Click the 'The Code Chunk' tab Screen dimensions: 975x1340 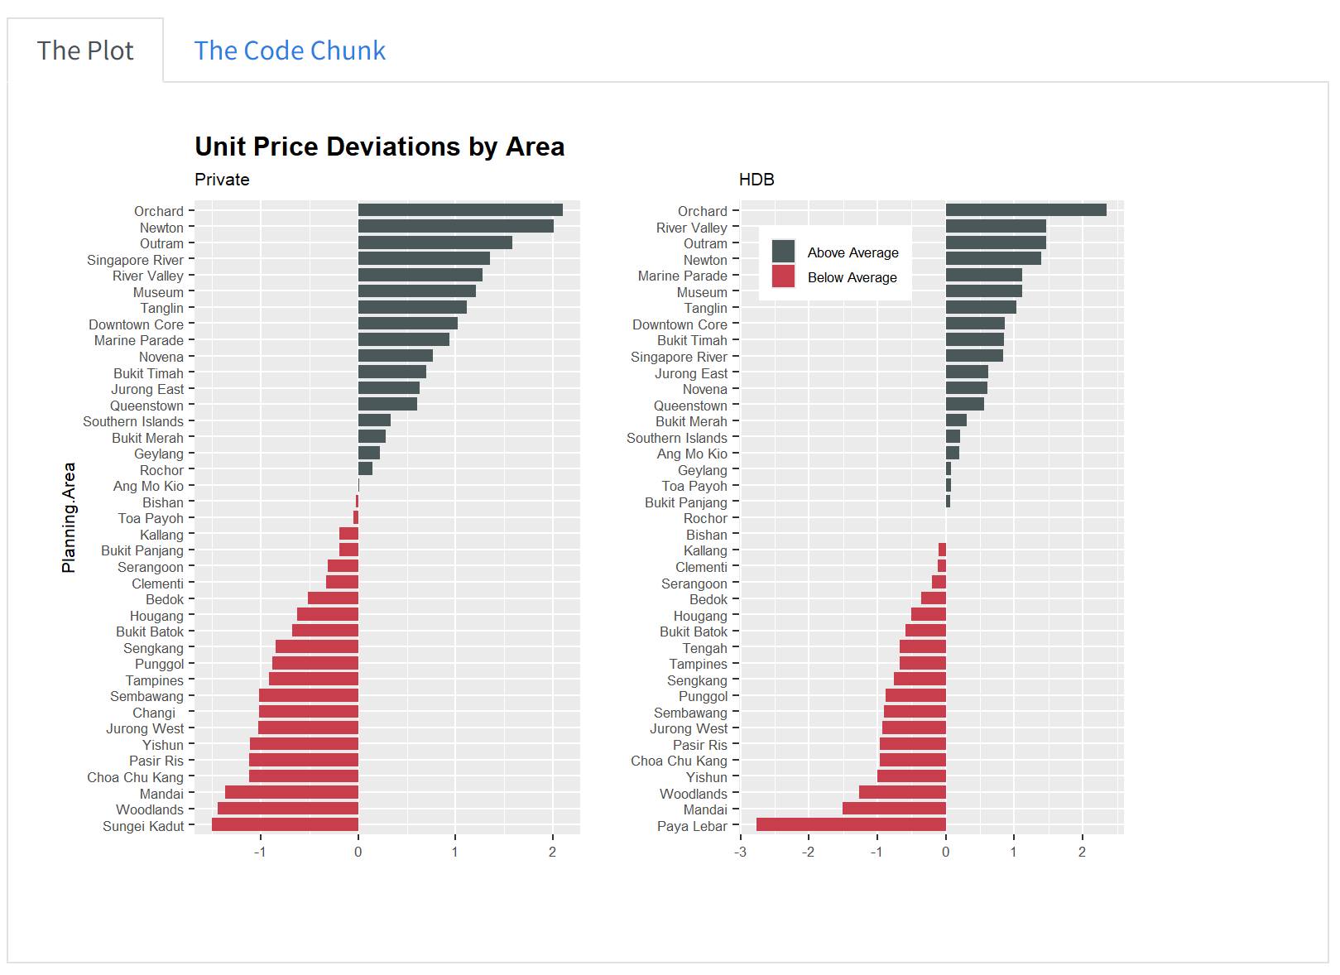coord(290,50)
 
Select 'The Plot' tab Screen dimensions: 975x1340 coord(85,50)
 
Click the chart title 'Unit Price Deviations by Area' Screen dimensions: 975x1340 coord(379,146)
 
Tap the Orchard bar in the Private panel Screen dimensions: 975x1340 coord(460,210)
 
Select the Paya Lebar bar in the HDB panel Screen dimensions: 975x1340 coord(851,824)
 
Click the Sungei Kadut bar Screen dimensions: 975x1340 coord(285,824)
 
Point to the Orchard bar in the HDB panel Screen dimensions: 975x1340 coord(1025,210)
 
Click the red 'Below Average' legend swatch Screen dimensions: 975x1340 coord(783,276)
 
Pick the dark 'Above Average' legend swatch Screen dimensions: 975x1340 coord(783,252)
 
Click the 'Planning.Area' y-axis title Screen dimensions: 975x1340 coord(69,517)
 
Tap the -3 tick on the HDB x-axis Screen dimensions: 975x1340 coord(740,852)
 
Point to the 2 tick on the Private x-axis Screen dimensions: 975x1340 coord(552,852)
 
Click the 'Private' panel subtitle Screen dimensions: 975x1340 coord(222,180)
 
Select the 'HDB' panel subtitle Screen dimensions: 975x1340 coord(756,180)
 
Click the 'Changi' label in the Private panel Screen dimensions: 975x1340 coord(154,713)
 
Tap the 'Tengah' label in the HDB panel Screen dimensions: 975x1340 coord(704,648)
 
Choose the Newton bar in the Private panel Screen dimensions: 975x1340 coord(455,227)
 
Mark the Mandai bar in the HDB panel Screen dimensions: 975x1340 coord(894,809)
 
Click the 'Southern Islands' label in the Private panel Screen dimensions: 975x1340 coord(133,421)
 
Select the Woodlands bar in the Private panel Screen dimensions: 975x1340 coord(287,809)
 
